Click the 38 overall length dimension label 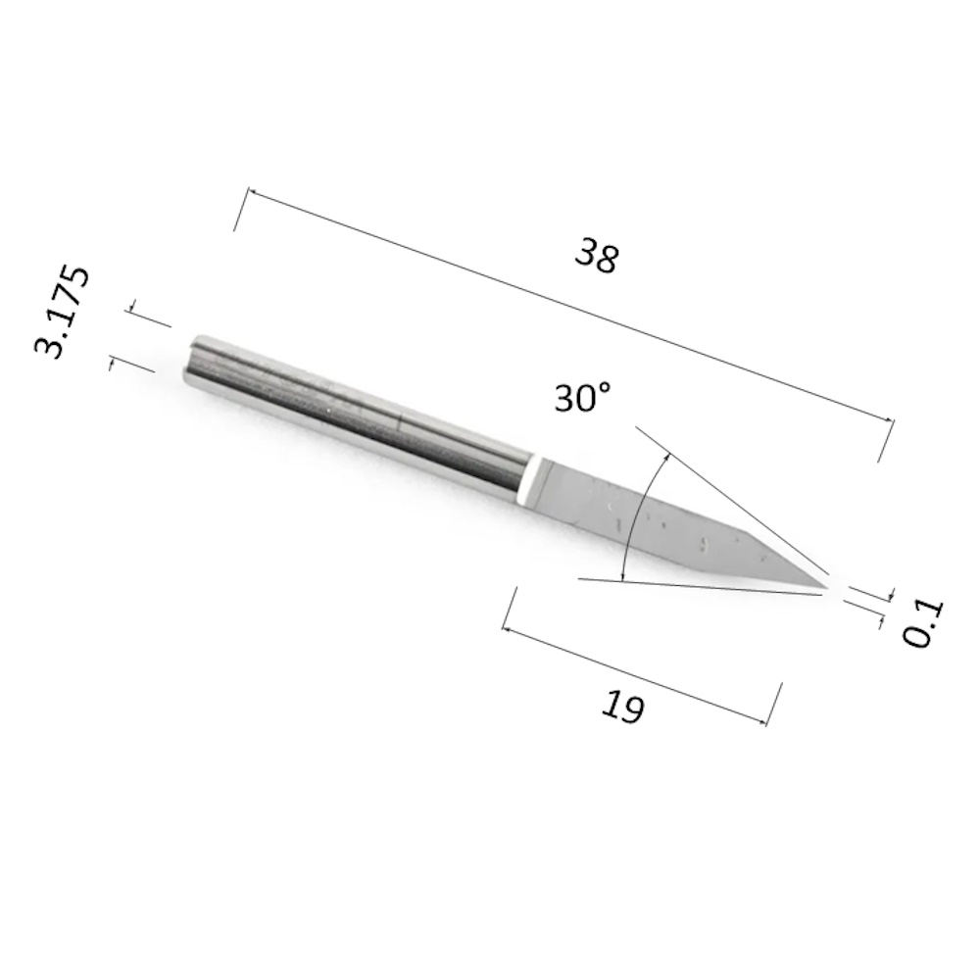tap(598, 255)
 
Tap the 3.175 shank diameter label tap(61, 312)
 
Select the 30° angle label tap(582, 398)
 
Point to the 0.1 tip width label tap(922, 623)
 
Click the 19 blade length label tap(622, 707)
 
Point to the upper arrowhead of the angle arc tap(668, 457)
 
